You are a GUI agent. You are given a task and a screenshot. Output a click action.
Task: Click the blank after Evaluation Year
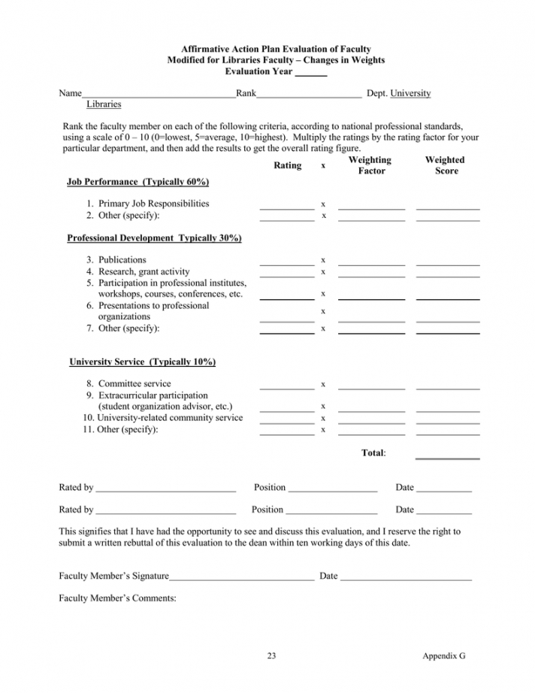[311, 74]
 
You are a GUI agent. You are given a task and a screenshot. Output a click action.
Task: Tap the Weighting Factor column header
[370, 165]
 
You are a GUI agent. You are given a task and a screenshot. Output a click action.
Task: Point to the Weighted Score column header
[445, 165]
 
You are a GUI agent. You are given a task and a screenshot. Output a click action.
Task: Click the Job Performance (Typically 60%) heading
[138, 182]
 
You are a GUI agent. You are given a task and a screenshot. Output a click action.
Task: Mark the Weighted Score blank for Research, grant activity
[448, 275]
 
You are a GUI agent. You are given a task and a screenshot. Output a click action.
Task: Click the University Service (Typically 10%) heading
[143, 362]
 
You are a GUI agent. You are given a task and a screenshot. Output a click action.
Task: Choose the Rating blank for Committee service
[287, 387]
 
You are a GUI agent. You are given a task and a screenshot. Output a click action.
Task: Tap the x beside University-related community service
[323, 418]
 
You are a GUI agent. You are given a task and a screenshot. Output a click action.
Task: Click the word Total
[373, 453]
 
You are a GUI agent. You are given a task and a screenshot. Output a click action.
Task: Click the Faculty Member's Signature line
[241, 580]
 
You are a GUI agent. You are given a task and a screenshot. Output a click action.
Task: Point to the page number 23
[272, 656]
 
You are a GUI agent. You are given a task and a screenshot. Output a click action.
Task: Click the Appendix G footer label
[444, 656]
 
